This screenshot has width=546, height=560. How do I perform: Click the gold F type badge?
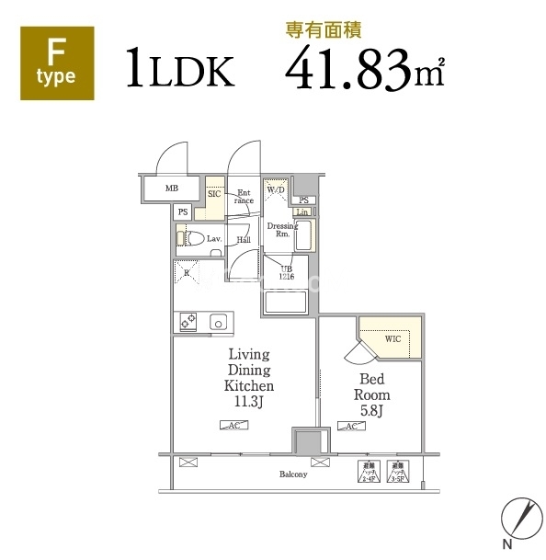pos(57,62)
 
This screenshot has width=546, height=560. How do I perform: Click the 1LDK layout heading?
pos(180,69)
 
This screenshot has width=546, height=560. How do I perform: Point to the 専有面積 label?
pos(324,29)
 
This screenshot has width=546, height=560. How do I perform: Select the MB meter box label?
pos(171,189)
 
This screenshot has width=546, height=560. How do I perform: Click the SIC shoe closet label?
pos(213,194)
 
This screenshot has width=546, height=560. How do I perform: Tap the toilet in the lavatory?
pos(193,238)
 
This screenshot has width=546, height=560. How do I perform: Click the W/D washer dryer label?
pos(277,191)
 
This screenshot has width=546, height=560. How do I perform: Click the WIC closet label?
pos(392,339)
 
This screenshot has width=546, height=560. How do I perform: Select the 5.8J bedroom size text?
pos(373,410)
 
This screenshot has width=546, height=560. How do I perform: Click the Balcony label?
pos(294,474)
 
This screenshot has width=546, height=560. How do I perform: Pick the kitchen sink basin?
pos(219,322)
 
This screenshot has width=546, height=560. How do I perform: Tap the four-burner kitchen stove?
pos(187,322)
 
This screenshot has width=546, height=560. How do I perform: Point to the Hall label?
pos(244,240)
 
